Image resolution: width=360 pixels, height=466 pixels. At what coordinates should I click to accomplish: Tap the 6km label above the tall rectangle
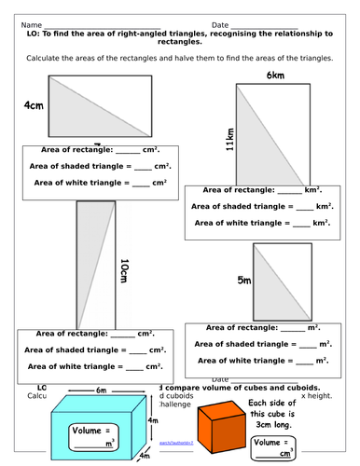[274, 75]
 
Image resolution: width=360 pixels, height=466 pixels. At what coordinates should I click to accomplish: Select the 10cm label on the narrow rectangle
[124, 273]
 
